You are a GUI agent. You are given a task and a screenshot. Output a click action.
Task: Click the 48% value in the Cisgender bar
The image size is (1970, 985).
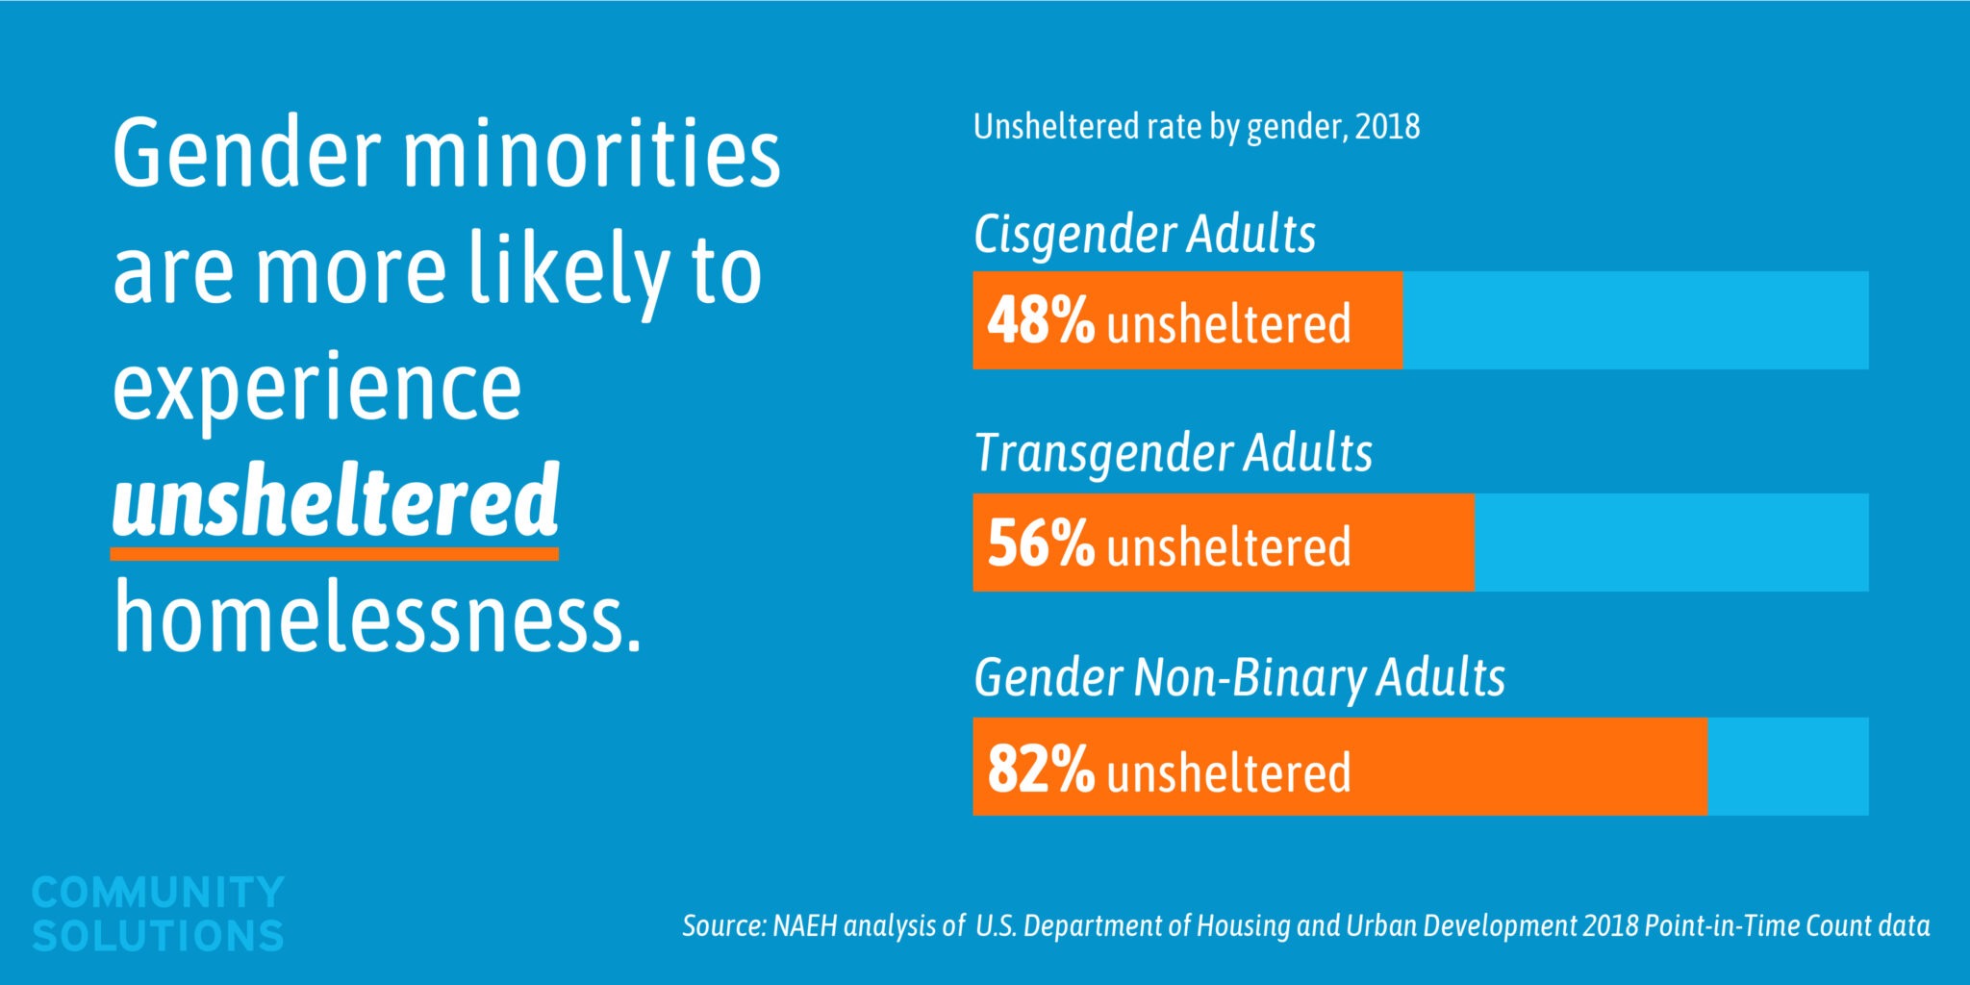point(1041,321)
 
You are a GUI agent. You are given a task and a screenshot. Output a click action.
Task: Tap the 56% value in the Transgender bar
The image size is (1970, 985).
point(1041,543)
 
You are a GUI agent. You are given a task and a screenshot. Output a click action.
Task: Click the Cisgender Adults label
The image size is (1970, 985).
point(1144,235)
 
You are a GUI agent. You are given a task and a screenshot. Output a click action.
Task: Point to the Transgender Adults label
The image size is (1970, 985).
point(1173,453)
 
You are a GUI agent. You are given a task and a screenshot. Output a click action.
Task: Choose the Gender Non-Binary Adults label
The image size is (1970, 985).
point(1239,677)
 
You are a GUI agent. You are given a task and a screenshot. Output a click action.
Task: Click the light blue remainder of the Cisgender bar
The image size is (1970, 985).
point(1635,320)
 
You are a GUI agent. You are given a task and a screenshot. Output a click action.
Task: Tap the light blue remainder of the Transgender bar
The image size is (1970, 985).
point(1671,543)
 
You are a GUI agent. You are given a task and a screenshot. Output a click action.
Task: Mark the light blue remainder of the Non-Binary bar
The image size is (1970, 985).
point(1787,767)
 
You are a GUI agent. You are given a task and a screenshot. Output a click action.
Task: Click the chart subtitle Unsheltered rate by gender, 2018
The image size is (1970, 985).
point(1196,127)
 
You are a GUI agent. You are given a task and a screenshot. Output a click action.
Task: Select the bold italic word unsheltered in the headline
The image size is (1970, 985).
point(336,501)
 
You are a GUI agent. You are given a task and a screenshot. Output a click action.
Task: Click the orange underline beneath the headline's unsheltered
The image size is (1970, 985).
point(335,554)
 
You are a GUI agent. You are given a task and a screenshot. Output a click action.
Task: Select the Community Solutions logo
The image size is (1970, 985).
point(158,913)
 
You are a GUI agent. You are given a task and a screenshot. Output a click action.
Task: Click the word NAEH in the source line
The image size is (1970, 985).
point(805,925)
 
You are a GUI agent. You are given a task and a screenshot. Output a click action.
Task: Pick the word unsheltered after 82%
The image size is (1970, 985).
point(1228,772)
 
